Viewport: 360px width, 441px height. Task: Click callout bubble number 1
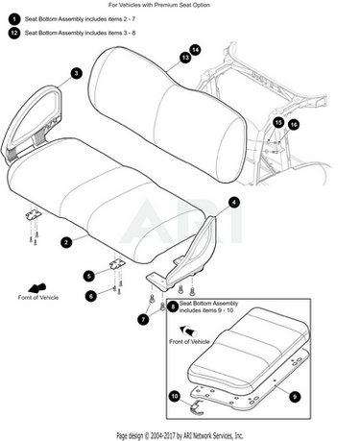(x=14, y=19)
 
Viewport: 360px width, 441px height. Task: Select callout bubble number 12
(x=14, y=33)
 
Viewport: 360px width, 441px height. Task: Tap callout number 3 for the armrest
(x=76, y=73)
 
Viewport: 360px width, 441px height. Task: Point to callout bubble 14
(x=195, y=50)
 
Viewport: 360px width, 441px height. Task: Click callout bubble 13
(x=185, y=58)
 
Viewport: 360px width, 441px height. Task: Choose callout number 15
(x=278, y=123)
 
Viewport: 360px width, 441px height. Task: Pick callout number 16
(x=294, y=125)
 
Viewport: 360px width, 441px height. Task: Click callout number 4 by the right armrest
(x=234, y=203)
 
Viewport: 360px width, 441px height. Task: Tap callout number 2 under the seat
(x=66, y=242)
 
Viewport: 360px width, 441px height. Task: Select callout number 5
(x=89, y=276)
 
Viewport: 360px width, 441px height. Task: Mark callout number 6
(x=91, y=296)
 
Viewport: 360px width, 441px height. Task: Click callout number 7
(x=143, y=319)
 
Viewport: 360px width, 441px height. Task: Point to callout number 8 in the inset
(x=173, y=306)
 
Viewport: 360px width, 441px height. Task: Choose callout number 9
(x=295, y=397)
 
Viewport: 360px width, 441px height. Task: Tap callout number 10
(x=175, y=397)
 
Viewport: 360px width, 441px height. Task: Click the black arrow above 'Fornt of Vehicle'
(x=37, y=288)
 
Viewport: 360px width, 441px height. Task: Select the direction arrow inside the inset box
(x=188, y=331)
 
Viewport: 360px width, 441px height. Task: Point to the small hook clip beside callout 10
(x=197, y=407)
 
